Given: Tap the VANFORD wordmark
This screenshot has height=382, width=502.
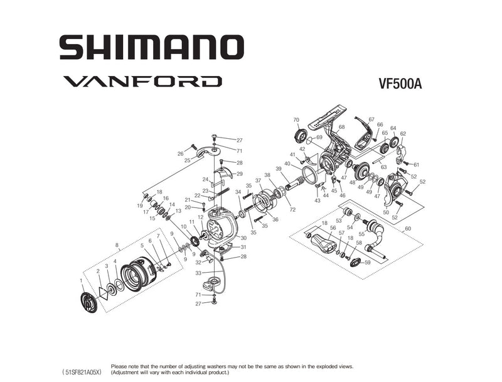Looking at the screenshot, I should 141,81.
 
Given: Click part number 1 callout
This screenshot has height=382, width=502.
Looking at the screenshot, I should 81,280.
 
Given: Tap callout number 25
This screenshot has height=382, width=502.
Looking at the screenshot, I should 187,160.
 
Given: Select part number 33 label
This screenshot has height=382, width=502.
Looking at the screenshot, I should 198,273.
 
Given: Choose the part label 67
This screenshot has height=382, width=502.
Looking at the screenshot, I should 371,119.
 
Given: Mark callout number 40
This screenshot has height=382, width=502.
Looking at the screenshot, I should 287,164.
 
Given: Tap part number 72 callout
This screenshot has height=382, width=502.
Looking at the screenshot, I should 292,209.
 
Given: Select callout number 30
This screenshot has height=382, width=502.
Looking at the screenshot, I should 243,238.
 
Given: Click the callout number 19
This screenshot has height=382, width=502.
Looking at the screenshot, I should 140,205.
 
